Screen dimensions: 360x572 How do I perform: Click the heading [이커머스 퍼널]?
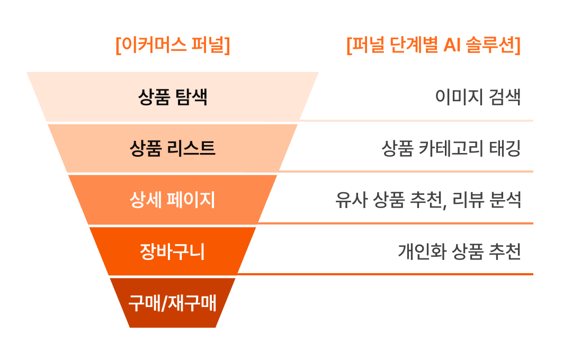173,45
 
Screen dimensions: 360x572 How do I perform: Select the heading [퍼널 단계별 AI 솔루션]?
433,45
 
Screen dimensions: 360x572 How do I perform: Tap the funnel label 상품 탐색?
173,97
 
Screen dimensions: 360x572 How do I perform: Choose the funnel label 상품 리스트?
173,148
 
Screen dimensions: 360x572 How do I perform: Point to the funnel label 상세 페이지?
173,200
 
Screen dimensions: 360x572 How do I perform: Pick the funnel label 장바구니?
173,251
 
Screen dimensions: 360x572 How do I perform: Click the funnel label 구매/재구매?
173,303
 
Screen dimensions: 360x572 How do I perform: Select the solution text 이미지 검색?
478,97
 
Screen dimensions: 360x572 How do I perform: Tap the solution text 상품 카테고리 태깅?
451,148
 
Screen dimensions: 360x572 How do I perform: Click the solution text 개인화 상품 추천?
459,251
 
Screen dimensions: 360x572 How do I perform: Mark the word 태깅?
507,148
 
